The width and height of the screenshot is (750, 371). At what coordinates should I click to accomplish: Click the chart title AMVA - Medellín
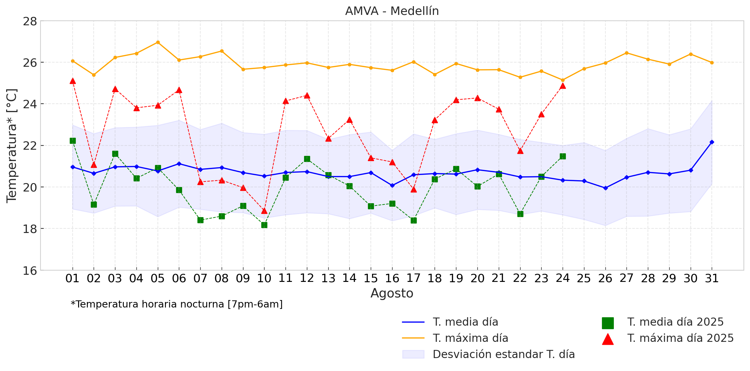[x=392, y=11]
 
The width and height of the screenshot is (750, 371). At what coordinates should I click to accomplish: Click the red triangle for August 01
[x=73, y=81]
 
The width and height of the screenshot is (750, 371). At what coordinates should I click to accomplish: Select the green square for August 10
[x=264, y=225]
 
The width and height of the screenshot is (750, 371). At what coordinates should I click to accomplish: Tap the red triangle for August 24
[x=563, y=86]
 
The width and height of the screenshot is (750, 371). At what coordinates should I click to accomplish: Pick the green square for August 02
[x=94, y=204]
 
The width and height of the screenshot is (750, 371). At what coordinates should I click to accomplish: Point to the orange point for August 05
[x=158, y=42]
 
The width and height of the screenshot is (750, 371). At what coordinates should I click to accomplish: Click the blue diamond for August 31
[x=712, y=142]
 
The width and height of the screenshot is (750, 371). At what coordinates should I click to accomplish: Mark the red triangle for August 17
[x=414, y=190]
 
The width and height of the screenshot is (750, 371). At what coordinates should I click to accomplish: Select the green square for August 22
[x=520, y=214]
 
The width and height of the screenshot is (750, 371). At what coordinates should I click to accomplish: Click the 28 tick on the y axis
[x=30, y=21]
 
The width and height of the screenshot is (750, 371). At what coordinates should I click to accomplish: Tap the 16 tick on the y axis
[x=30, y=271]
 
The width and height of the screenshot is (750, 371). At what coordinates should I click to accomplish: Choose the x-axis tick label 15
[x=371, y=278]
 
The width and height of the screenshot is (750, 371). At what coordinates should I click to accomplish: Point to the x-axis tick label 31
[x=712, y=278]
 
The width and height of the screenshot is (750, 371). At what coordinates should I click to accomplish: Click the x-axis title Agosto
[x=392, y=293]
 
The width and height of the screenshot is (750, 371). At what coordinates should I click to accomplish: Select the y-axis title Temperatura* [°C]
[x=12, y=146]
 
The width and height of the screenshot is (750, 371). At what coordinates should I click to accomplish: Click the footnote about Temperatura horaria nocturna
[x=177, y=304]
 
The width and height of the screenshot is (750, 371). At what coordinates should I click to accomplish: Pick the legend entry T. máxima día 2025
[x=680, y=338]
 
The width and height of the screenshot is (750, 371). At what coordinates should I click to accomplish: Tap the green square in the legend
[x=608, y=323]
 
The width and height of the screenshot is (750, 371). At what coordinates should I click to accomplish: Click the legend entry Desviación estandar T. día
[x=504, y=354]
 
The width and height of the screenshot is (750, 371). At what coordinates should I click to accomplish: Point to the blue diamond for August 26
[x=605, y=188]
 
